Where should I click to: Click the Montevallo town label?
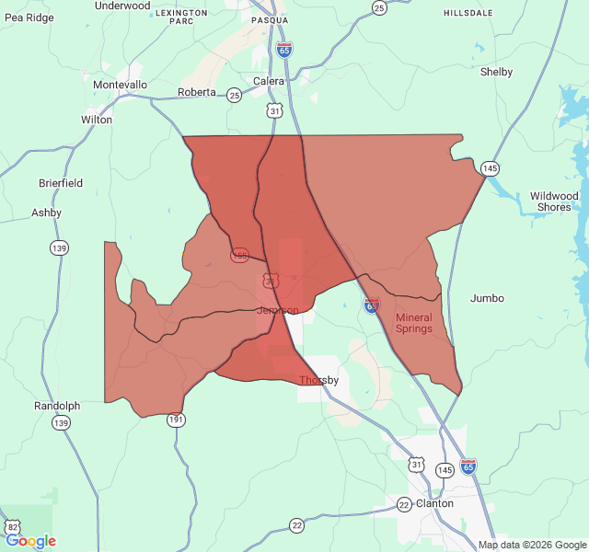[x=120, y=85]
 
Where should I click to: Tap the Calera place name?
[x=269, y=81]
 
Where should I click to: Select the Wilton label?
[x=97, y=120]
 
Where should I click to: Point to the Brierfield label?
[x=61, y=183]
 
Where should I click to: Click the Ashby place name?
[x=46, y=213]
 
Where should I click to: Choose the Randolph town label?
[x=57, y=406]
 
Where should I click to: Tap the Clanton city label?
[x=434, y=503]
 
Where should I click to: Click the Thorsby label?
[x=319, y=380]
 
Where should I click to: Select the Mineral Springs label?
[x=413, y=323]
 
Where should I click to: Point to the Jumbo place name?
[x=487, y=298]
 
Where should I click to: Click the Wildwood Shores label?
[x=554, y=201]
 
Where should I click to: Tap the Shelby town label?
[x=496, y=72]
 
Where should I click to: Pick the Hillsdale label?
[x=468, y=13]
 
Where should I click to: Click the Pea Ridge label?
[x=29, y=17]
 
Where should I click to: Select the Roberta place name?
[x=196, y=92]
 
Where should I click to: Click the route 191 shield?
[x=176, y=420]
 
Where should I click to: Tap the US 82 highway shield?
[x=12, y=526]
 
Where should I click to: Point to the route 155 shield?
[x=240, y=255]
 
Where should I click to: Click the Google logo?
[x=30, y=541]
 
